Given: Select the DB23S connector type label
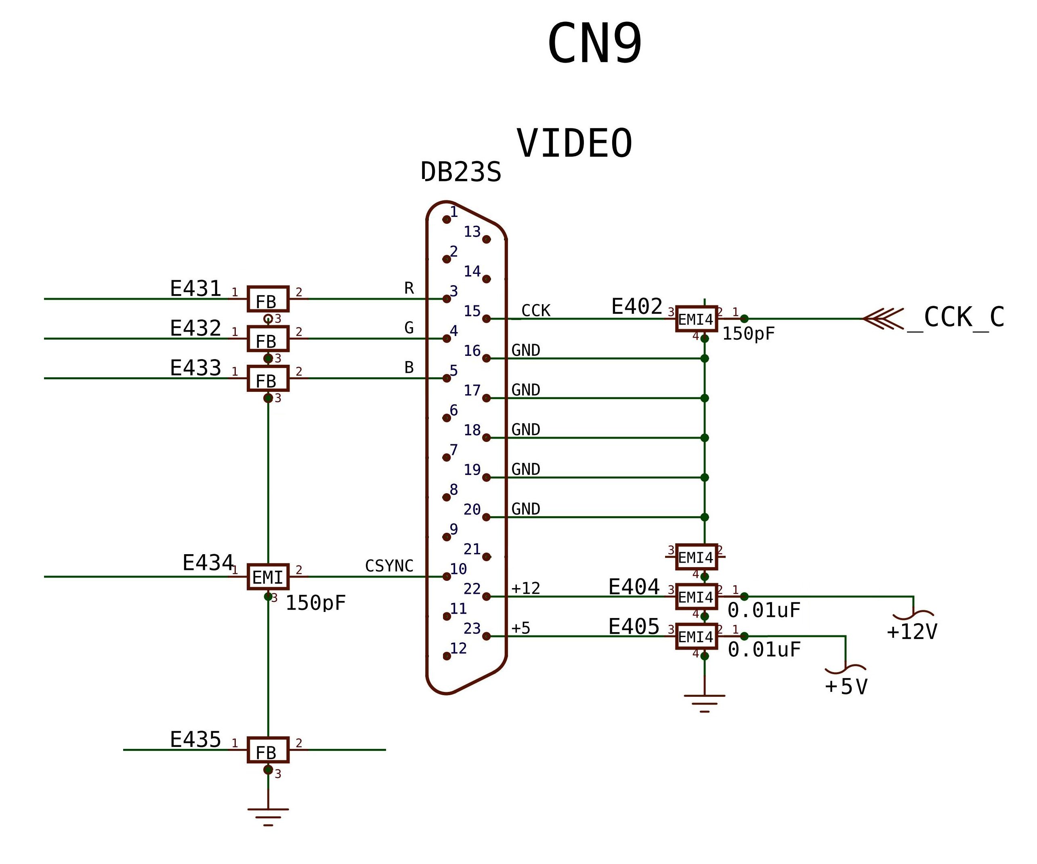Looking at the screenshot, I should [461, 172].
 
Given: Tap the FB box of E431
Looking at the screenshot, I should [268, 299].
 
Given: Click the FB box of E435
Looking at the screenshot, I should [268, 750].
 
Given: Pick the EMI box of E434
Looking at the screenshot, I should [268, 576].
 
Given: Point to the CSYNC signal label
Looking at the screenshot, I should [389, 565].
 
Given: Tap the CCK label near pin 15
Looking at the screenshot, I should [535, 310].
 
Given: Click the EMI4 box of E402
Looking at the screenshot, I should [696, 319].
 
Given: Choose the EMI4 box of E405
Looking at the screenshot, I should [696, 636].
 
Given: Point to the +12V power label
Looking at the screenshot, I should [912, 632].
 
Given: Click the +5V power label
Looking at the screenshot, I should [846, 687].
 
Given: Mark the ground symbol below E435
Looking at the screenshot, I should [268, 817].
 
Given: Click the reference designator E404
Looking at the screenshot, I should [634, 587].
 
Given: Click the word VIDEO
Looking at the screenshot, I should [574, 143].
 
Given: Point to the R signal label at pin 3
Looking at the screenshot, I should [409, 288].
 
